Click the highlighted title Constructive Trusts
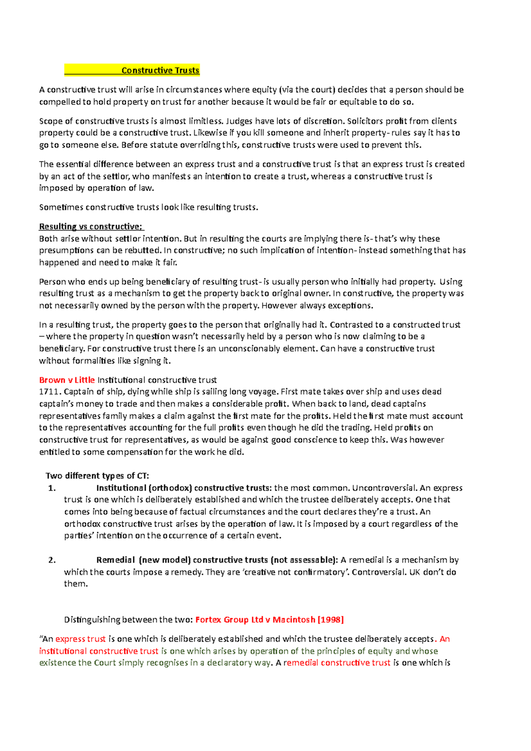160,70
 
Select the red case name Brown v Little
67,380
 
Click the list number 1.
52,488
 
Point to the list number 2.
52,560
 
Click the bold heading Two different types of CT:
97,476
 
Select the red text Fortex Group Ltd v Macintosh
255,620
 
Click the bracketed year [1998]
331,620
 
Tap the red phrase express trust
81,639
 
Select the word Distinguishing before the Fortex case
92,620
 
